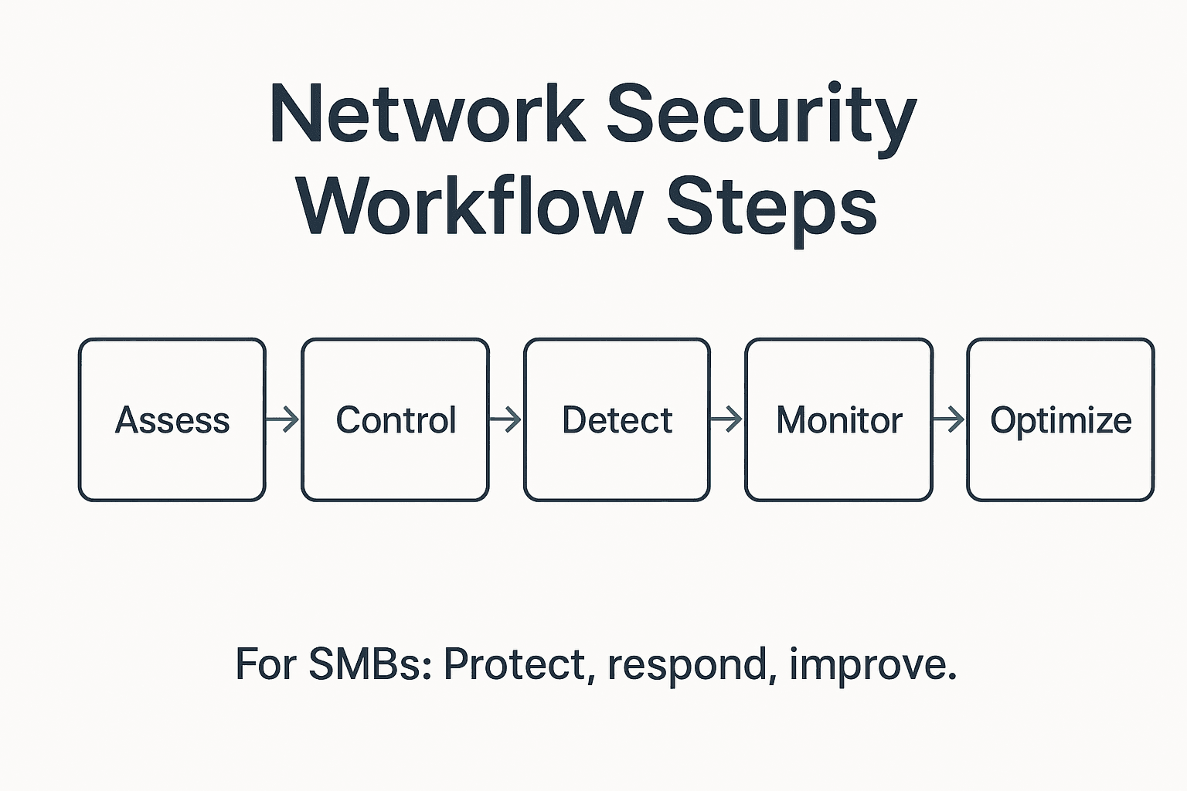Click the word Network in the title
(427, 114)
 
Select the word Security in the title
(761, 114)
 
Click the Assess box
(172, 419)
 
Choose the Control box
(395, 419)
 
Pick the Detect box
(617, 419)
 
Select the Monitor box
(839, 419)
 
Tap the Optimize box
(1060, 419)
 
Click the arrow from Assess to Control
(283, 420)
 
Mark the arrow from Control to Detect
(506, 420)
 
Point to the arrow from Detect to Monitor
(727, 420)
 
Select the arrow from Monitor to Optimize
(950, 420)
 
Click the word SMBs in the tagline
(369, 664)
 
